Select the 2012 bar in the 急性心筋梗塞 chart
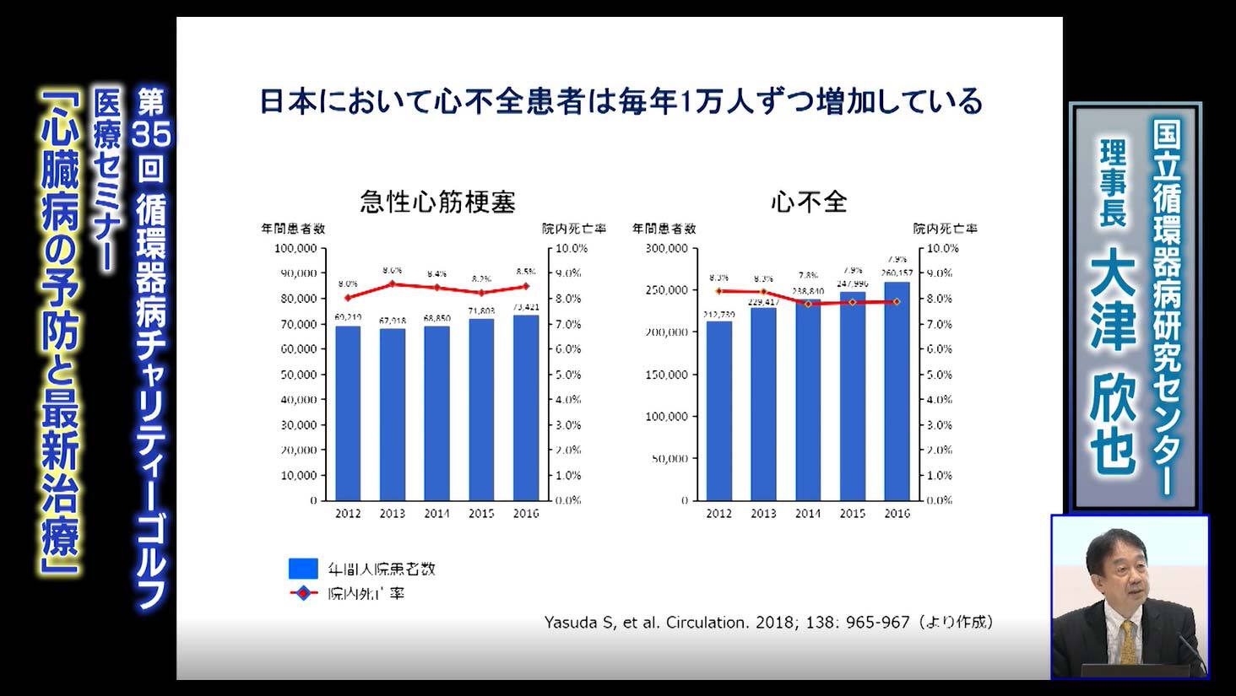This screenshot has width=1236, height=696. [x=348, y=413]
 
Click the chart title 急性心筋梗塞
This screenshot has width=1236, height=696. [x=437, y=202]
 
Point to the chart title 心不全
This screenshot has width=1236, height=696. [x=808, y=202]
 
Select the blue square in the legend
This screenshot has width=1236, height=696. [x=303, y=568]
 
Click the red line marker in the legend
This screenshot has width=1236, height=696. [x=303, y=593]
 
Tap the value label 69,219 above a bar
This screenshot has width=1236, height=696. [x=348, y=317]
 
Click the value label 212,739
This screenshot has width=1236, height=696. [x=718, y=314]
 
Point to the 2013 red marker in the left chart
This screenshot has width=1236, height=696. [x=393, y=283]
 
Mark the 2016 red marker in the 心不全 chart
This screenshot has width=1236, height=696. [x=897, y=301]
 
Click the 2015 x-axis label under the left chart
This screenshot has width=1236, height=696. [x=481, y=513]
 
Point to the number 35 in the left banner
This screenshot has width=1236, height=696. [x=151, y=136]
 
